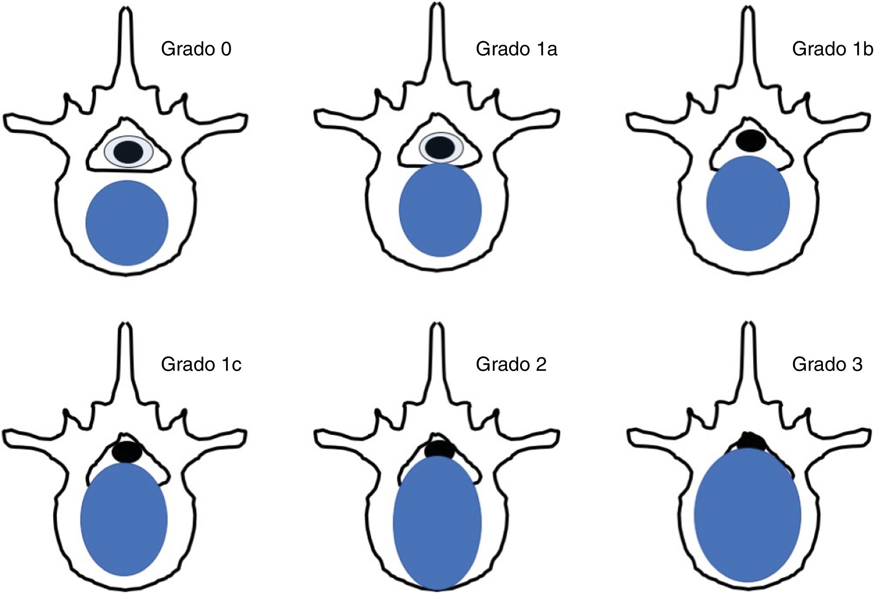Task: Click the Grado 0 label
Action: click(196, 49)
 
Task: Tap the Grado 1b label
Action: click(832, 49)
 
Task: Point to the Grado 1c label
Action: click(201, 364)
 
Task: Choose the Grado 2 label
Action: click(511, 364)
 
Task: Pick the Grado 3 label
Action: click(827, 364)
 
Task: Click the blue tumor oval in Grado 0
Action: click(127, 223)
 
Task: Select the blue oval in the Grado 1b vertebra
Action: click(748, 203)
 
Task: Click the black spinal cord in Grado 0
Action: click(128, 152)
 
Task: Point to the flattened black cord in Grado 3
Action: click(750, 441)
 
